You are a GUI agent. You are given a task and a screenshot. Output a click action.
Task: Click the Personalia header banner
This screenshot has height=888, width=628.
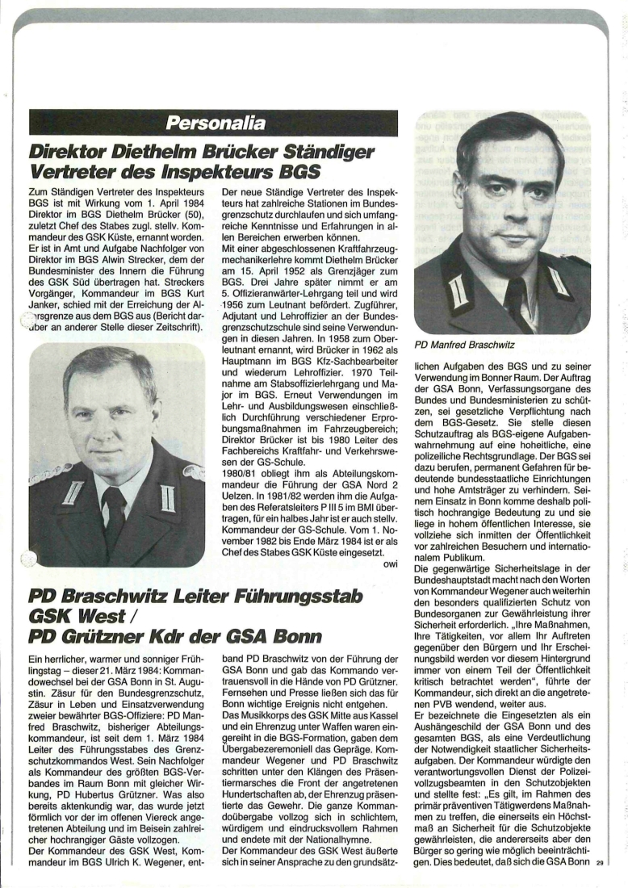coord(213,124)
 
